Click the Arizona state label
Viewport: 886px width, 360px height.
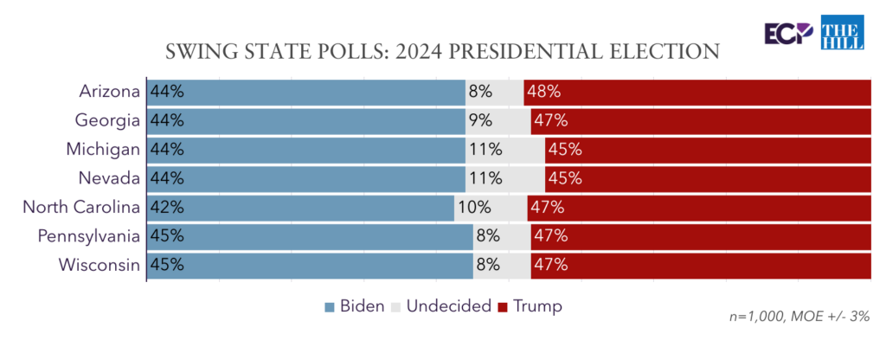click(109, 91)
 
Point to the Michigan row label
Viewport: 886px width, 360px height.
click(103, 149)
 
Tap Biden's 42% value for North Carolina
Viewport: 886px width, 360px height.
click(167, 208)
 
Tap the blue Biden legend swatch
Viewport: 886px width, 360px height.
click(329, 306)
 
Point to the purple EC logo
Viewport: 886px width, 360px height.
click(787, 33)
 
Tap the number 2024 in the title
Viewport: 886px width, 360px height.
click(421, 51)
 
